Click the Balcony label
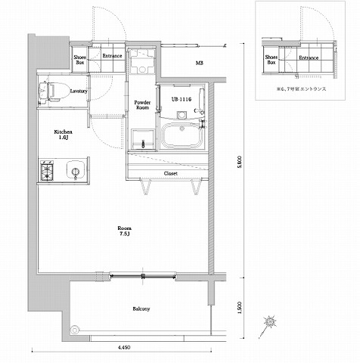click(141, 309)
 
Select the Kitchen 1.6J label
click(63, 135)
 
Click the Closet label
click(171, 173)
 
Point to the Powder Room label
click(141, 104)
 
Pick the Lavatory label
click(79, 92)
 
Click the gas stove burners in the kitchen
click(48, 169)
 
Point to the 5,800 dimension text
click(239, 162)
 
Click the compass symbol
click(270, 321)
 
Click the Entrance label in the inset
click(309, 57)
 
